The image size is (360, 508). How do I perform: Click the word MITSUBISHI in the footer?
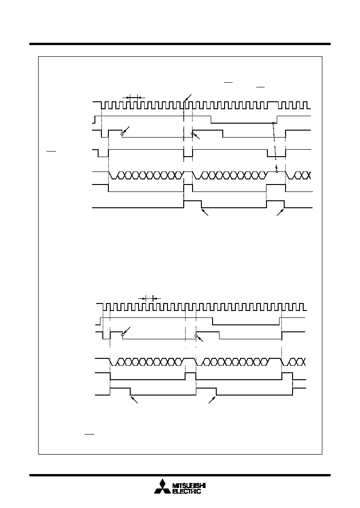tap(189, 486)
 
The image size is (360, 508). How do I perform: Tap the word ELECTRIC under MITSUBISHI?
tap(187, 491)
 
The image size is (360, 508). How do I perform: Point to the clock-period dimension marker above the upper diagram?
tap(133, 97)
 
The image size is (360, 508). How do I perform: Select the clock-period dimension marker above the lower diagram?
tap(149, 298)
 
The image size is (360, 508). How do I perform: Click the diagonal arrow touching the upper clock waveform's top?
tap(188, 98)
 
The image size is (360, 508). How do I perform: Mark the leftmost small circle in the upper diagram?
tap(122, 134)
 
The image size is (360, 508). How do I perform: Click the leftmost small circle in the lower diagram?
tap(123, 335)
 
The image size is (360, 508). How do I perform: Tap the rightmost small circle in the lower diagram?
tap(196, 336)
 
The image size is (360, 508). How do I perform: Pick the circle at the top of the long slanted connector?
tap(273, 123)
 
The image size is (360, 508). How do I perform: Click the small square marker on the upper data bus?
tap(277, 172)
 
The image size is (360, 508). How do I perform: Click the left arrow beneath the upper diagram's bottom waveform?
tap(205, 212)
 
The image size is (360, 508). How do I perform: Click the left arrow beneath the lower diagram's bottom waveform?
tap(134, 399)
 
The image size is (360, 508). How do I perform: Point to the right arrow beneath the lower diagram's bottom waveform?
tap(213, 399)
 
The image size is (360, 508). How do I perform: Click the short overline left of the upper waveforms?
tap(51, 151)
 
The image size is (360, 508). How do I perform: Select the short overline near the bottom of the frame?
tap(89, 434)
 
